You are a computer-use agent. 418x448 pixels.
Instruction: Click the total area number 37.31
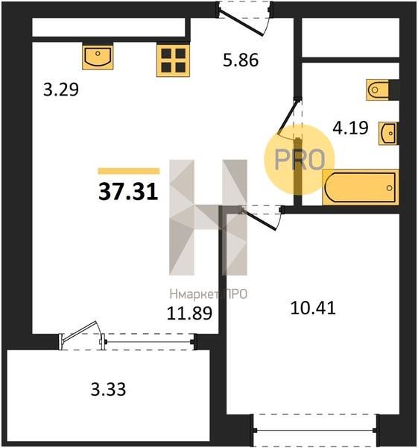(x=128, y=192)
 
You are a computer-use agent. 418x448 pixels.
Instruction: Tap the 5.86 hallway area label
(x=241, y=60)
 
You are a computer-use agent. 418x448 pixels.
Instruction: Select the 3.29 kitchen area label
(x=61, y=90)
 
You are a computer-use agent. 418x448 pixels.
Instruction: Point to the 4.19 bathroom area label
(x=350, y=128)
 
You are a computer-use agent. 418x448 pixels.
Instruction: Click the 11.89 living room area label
(x=189, y=313)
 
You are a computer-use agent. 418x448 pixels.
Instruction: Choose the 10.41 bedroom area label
(x=313, y=308)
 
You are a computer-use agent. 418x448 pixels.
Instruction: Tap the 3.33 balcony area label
(x=108, y=390)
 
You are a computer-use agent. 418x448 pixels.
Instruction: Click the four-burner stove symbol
(x=173, y=60)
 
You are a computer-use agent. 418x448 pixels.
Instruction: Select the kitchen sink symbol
(x=98, y=56)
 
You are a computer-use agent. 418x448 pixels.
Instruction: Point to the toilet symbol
(x=378, y=90)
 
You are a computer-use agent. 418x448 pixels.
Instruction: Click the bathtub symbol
(x=361, y=187)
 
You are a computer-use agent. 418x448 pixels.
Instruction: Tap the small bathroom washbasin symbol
(x=387, y=133)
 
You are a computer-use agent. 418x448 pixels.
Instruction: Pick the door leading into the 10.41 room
(x=262, y=217)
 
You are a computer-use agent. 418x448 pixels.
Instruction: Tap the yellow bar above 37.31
(x=129, y=171)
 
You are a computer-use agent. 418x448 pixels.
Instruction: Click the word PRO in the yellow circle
(x=300, y=160)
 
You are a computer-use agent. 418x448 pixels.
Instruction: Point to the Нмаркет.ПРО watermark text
(x=209, y=294)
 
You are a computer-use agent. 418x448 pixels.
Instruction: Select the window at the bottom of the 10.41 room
(x=314, y=430)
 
